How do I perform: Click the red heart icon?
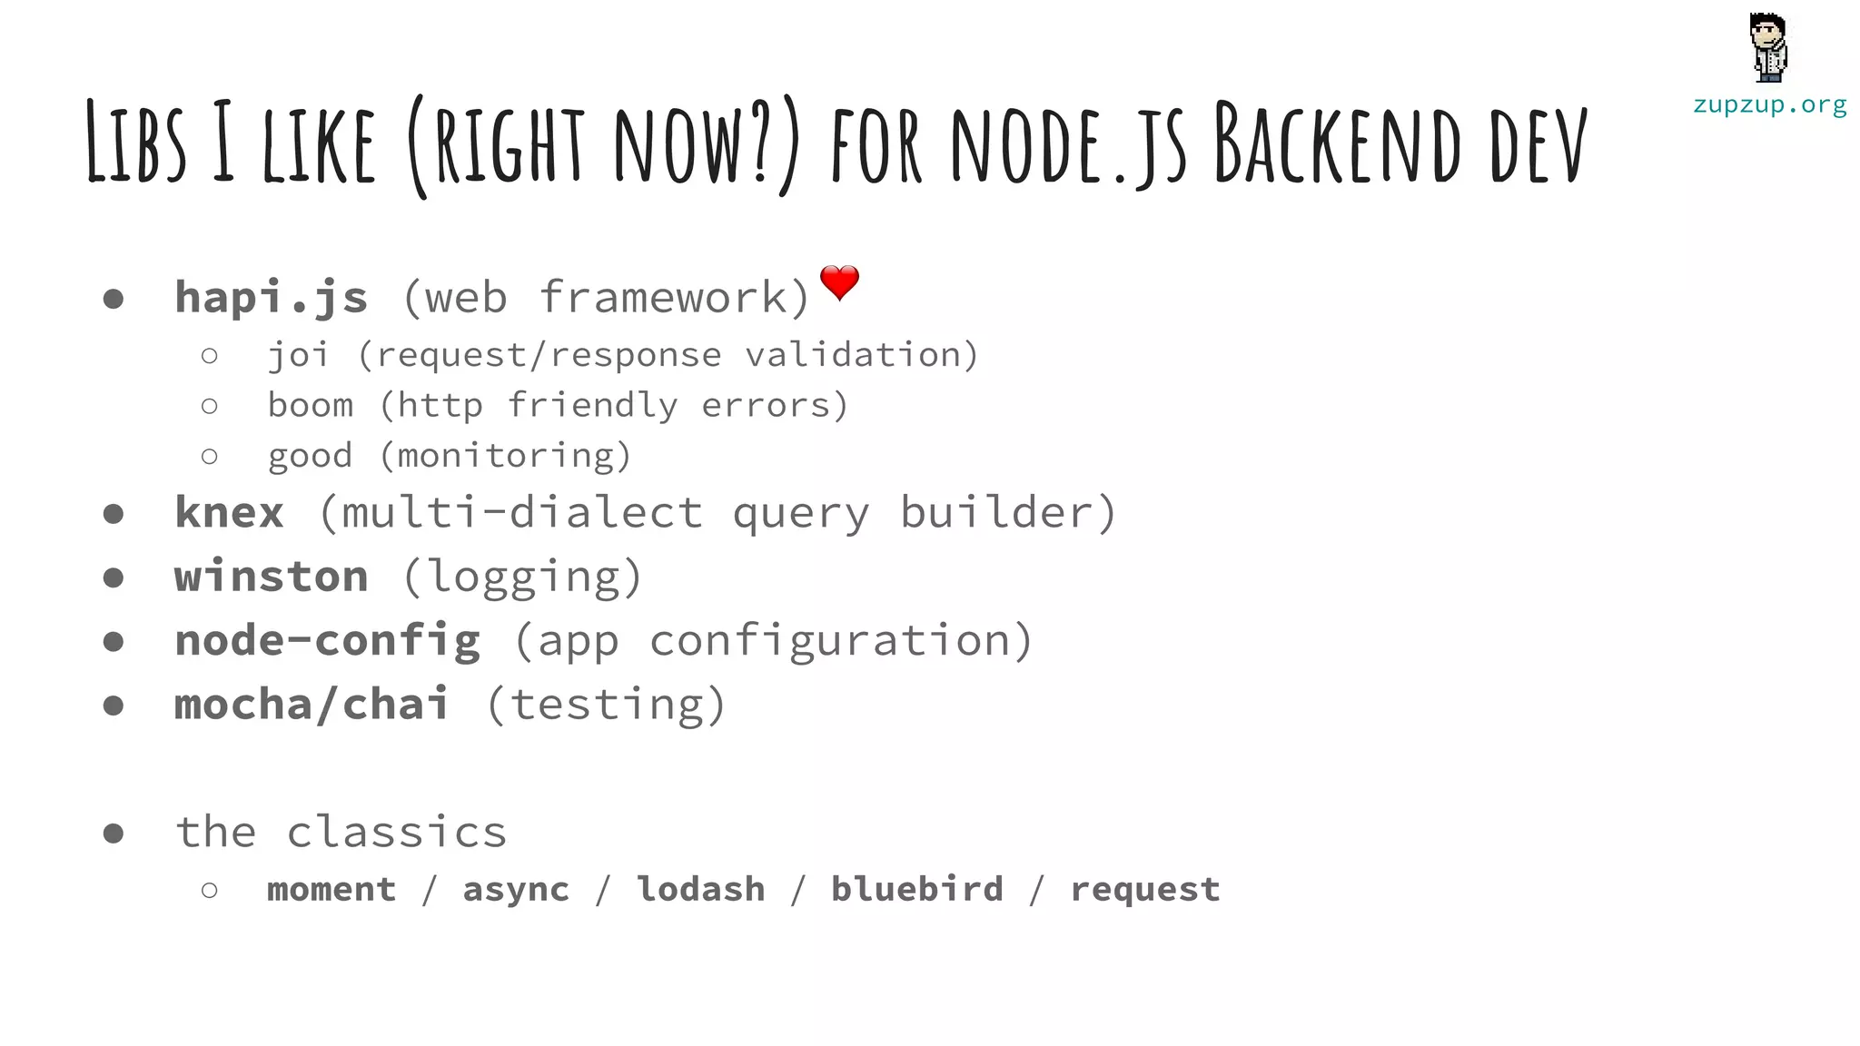pyautogui.click(x=839, y=282)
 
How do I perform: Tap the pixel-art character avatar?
pyautogui.click(x=1768, y=48)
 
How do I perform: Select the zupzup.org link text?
pyautogui.click(x=1769, y=105)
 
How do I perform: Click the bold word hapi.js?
pyautogui.click(x=271, y=297)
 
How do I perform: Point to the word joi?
pyautogui.click(x=298, y=355)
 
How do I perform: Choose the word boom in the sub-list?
pyautogui.click(x=310, y=405)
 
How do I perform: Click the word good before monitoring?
pyautogui.click(x=310, y=456)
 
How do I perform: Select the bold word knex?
pyautogui.click(x=229, y=512)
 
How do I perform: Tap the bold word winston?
pyautogui.click(x=271, y=577)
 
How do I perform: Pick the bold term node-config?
pyautogui.click(x=327, y=640)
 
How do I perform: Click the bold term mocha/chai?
pyautogui.click(x=312, y=705)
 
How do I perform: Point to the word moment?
pyautogui.click(x=331, y=889)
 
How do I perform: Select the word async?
pyautogui.click(x=516, y=890)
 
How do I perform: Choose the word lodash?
pyautogui.click(x=700, y=889)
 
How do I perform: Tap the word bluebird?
pyautogui.click(x=917, y=889)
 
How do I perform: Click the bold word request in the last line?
pyautogui.click(x=1145, y=890)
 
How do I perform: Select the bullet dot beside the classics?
pyautogui.click(x=114, y=833)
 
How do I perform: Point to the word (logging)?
pyautogui.click(x=522, y=577)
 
